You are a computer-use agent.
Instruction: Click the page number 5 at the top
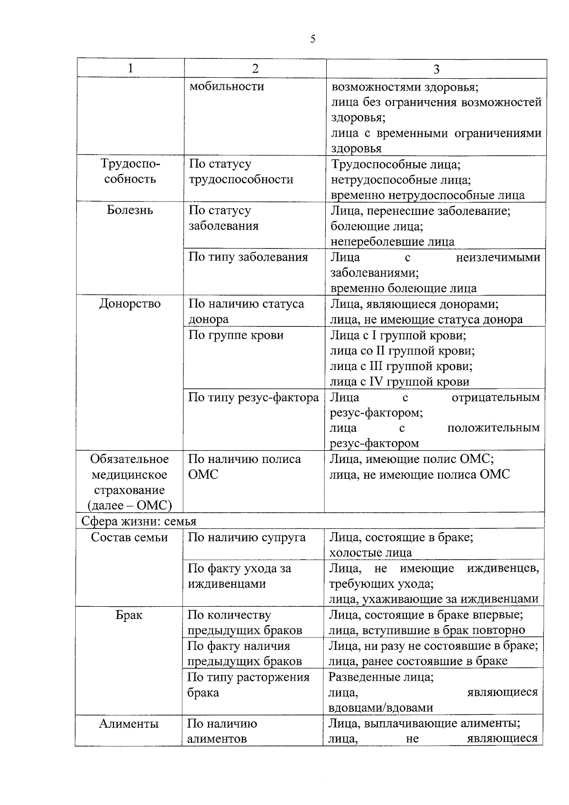[x=312, y=39]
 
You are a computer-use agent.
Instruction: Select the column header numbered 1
[x=130, y=68]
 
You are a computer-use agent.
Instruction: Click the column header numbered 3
[x=436, y=69]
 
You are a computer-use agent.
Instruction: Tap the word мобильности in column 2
[x=226, y=86]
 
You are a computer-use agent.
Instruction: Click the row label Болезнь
[x=130, y=210]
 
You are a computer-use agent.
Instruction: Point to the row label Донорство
[x=130, y=304]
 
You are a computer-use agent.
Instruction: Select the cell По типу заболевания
[x=248, y=257]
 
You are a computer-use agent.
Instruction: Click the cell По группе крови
[x=236, y=335]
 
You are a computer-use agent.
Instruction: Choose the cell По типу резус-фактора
[x=253, y=397]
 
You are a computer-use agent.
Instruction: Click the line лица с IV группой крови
[x=399, y=381]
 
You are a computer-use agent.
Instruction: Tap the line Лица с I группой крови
[x=397, y=335]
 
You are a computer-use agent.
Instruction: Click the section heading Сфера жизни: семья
[x=138, y=521]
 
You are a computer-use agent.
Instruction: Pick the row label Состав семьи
[x=129, y=537]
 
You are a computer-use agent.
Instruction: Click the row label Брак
[x=129, y=615]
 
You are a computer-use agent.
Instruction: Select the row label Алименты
[x=129, y=724]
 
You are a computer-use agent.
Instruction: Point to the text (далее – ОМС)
[x=129, y=506]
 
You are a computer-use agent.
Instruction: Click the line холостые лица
[x=370, y=553]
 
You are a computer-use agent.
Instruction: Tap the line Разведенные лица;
[x=381, y=677]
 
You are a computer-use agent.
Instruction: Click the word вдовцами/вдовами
[x=380, y=708]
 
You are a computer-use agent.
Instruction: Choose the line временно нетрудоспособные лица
[x=427, y=195]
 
